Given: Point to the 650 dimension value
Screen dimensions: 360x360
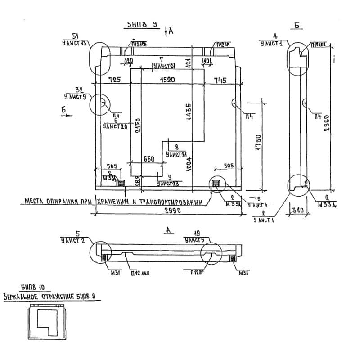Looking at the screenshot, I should pyautogui.click(x=149, y=159).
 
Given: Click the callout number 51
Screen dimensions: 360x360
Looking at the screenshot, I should pyautogui.click(x=76, y=36).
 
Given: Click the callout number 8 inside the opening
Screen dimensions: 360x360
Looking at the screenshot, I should pyautogui.click(x=176, y=147).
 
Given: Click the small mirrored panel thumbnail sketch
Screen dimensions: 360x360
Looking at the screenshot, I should pyautogui.click(x=47, y=321).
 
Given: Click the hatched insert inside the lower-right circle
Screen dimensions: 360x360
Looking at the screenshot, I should pyautogui.click(x=216, y=183).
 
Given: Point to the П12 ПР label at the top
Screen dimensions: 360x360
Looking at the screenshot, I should pyautogui.click(x=223, y=44).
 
